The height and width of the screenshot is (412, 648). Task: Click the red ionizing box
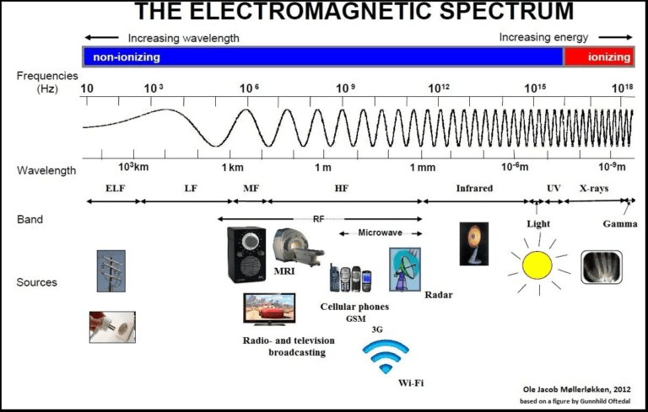tap(599, 56)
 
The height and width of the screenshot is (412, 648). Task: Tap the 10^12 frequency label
tap(439, 88)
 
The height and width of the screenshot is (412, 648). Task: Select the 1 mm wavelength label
tap(423, 168)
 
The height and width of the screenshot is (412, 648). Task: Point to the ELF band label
tap(115, 188)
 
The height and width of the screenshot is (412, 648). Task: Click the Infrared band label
tap(474, 188)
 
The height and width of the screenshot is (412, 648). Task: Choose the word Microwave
tap(381, 233)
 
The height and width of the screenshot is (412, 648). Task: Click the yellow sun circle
tap(537, 265)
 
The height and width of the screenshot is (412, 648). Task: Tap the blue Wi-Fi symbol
tap(386, 356)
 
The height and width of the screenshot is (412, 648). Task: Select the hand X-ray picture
tap(602, 267)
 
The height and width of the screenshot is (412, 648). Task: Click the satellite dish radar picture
tap(405, 270)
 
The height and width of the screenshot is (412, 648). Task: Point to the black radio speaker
tap(246, 254)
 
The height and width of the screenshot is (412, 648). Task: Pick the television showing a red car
tap(269, 309)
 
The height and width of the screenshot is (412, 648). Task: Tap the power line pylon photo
tap(111, 270)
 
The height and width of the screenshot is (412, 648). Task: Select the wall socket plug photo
tap(112, 327)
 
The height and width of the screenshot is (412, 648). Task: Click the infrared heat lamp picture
tap(474, 243)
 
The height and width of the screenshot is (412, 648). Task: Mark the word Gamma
tap(620, 224)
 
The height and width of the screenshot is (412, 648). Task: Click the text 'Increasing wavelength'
tap(183, 39)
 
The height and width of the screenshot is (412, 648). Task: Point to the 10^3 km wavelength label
tap(133, 167)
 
